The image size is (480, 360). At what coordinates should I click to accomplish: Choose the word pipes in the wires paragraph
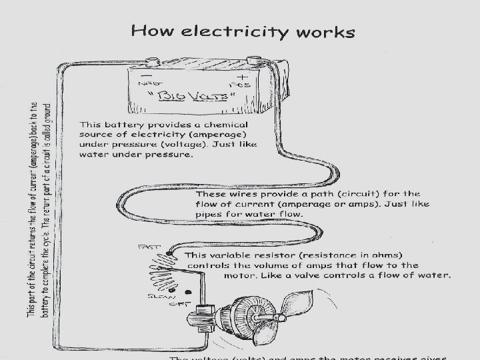[211, 215]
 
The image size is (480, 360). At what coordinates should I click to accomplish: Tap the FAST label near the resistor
[148, 247]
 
